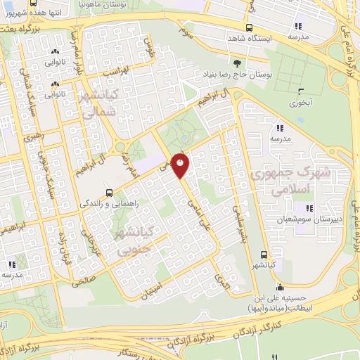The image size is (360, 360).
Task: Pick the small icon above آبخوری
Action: (x=301, y=90)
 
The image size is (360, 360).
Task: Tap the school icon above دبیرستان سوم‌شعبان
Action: (x=308, y=207)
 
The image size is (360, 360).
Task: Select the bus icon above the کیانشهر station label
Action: (x=264, y=255)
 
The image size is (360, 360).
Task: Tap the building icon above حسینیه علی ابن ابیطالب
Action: (x=281, y=287)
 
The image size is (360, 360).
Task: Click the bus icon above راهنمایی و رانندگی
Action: (x=109, y=192)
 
